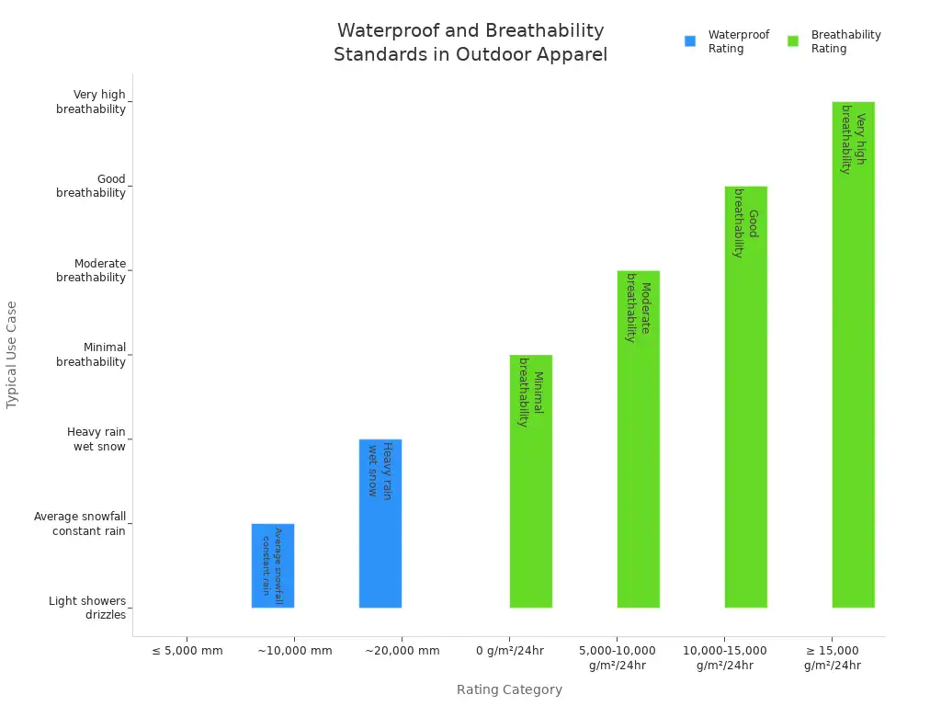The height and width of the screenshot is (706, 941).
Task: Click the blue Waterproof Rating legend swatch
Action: tap(690, 41)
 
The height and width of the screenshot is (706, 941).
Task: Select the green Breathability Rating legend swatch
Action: tap(793, 41)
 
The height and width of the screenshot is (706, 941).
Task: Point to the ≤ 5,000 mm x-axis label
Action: tap(187, 651)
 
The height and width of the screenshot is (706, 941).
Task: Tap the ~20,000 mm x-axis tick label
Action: tap(402, 651)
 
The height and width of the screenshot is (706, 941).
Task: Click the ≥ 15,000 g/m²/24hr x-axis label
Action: tap(832, 658)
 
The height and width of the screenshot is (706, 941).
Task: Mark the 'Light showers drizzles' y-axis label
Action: tap(87, 608)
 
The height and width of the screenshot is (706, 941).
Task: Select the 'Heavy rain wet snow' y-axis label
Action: tap(96, 439)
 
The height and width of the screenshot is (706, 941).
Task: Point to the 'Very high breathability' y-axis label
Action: tap(91, 102)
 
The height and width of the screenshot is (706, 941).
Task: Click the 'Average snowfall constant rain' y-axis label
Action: tap(80, 524)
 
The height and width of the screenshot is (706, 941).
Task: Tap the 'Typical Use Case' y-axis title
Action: tap(12, 354)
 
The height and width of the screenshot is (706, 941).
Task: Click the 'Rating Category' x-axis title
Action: tap(509, 689)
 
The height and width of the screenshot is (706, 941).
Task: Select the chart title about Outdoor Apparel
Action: tap(470, 42)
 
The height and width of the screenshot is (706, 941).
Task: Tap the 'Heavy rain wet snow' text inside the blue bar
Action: tap(380, 470)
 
